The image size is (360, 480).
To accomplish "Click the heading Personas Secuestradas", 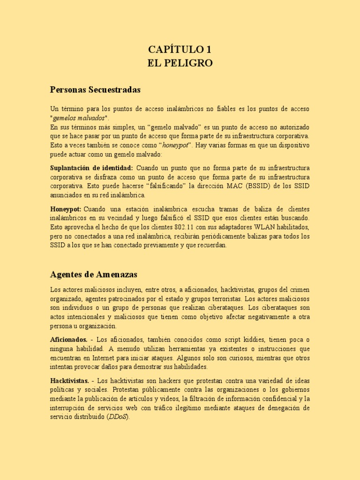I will coord(96,89).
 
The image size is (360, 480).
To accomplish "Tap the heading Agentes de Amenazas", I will coord(94,274).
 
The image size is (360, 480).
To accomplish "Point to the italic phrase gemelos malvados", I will coord(79,118).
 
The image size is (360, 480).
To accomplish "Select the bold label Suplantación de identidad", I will coord(91,168).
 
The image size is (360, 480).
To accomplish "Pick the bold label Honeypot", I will coord(66,209).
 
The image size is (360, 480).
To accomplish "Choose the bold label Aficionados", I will coord(68,339).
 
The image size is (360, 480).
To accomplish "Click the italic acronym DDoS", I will coord(116,417).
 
